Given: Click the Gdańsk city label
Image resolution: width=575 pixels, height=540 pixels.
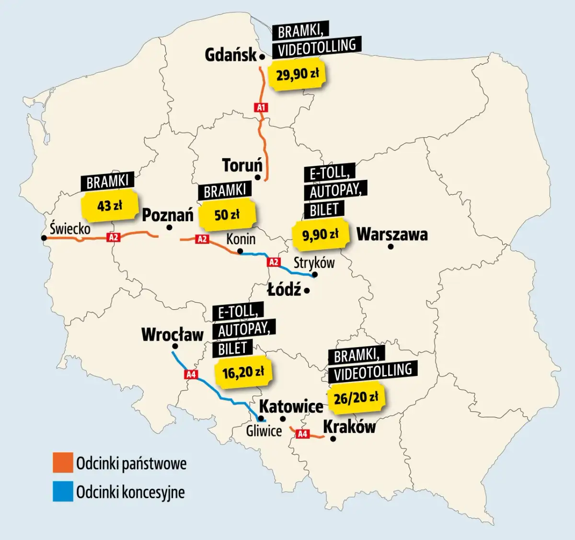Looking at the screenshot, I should pos(230,55).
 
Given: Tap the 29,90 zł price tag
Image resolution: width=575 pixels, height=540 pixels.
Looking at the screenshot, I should pos(297,74).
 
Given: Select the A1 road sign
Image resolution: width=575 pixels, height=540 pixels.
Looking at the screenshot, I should pos(261,107).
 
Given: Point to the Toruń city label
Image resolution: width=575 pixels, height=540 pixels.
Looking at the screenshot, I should pos(242,165).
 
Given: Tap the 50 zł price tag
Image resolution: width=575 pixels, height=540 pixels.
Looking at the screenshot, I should pos(227,215).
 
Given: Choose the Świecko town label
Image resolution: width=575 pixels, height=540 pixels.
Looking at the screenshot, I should pos(70,228).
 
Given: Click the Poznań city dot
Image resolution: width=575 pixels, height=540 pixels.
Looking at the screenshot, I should pos(169,228).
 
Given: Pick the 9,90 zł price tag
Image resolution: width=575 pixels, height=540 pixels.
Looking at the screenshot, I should pos(320,235).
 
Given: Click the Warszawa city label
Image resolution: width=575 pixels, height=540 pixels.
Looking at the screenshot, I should pos(392,235).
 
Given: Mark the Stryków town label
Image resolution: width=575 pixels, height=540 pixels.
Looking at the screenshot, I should pos(314,262).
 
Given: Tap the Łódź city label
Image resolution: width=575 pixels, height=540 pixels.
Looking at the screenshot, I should pos(284,290).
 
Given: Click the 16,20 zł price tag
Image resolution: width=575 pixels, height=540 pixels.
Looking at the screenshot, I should pos(243,372).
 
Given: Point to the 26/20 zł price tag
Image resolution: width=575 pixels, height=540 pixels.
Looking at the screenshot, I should pos(356,398).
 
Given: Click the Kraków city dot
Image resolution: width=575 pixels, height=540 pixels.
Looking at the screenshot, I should pos(333,439).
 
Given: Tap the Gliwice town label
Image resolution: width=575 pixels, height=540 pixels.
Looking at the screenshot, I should pos(264,431).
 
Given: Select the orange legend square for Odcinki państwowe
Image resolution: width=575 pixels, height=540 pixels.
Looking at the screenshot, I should pos(63,463).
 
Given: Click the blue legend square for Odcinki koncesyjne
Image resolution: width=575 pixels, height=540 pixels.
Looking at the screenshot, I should pos(63,492).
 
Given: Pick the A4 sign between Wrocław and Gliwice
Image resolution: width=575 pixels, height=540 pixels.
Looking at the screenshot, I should pos(191,375).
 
